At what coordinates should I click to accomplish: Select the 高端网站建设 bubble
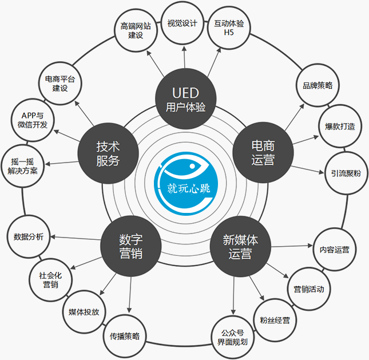tap(136, 30)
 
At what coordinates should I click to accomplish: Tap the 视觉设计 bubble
tap(182, 23)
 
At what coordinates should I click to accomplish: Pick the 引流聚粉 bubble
tap(346, 173)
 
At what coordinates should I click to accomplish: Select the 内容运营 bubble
tap(335, 250)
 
